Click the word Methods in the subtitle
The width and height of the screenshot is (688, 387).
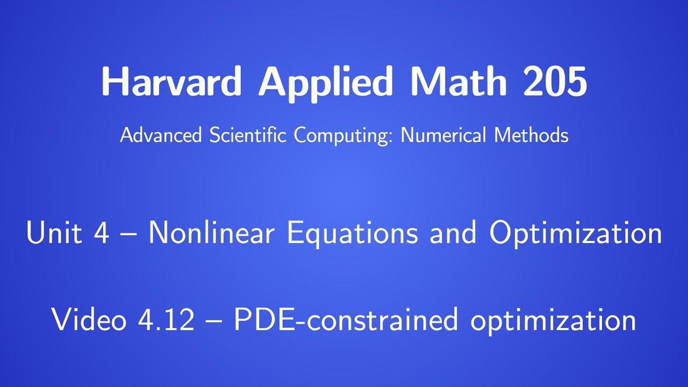[531, 135]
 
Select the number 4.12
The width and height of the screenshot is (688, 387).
[166, 320]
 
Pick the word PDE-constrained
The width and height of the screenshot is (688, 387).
[346, 320]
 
